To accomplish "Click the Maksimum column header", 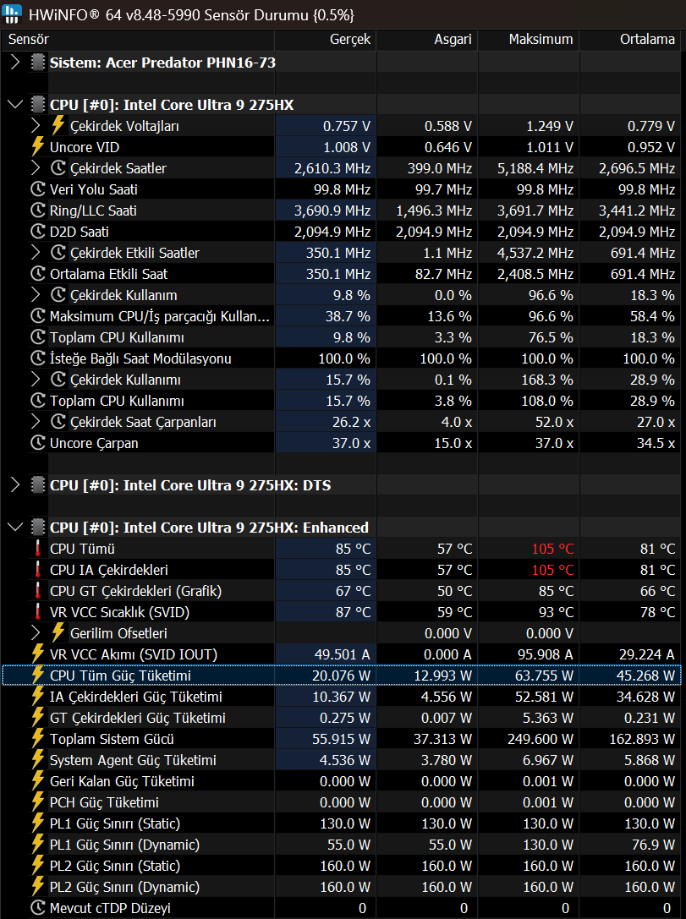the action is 541,39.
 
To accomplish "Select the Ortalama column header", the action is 647,39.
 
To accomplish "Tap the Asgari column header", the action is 453,40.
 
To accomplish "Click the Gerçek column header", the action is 350,40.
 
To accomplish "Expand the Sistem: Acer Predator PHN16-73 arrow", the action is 15,62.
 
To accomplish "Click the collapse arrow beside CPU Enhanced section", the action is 15,527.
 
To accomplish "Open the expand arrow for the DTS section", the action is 15,484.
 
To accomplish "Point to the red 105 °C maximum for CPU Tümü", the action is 552,549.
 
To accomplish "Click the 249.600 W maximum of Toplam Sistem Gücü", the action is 540,739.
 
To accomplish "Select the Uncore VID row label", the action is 85,147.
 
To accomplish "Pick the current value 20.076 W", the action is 341,676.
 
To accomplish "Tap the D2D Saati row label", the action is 80,232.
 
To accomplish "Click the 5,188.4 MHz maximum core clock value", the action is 535,168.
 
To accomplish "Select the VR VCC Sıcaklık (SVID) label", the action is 119,612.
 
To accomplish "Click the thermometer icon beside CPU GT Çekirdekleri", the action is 38,591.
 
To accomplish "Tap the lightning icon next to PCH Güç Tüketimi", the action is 38,801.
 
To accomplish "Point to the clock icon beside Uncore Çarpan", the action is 38,442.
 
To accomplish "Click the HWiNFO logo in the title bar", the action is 12,14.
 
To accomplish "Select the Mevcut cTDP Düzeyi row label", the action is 110,908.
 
